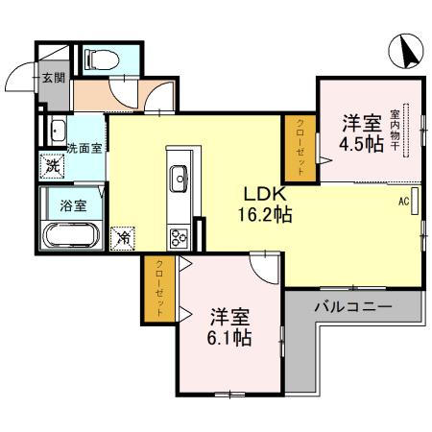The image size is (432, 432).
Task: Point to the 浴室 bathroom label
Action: (x=73, y=204)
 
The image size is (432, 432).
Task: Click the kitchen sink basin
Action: (x=180, y=177)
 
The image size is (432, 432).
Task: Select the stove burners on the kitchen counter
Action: (x=180, y=233)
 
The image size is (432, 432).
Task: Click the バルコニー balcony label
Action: (x=353, y=309)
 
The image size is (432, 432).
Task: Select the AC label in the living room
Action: (x=404, y=203)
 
